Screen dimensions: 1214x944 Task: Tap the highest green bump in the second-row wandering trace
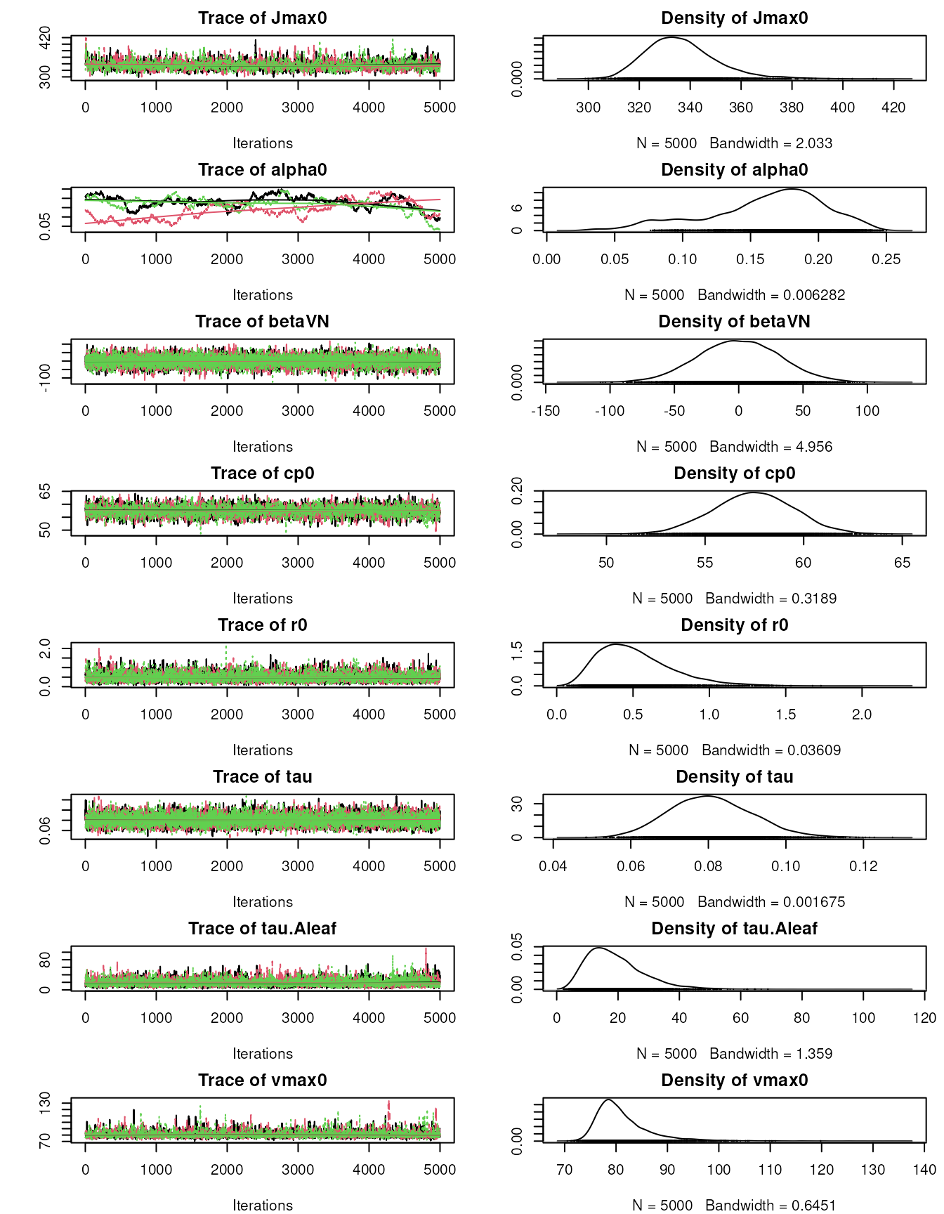pyautogui.click(x=284, y=190)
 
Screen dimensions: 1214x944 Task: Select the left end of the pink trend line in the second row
pyautogui.click(x=86, y=223)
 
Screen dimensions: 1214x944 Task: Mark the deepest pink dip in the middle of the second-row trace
pyautogui.click(x=303, y=221)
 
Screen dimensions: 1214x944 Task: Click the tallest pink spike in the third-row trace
pyautogui.click(x=329, y=343)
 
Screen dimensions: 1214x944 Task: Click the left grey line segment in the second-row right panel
pyautogui.click(x=596, y=230)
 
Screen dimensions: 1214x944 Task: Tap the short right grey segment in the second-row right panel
pyautogui.click(x=904, y=230)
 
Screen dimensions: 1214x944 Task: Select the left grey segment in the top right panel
pyautogui.click(x=574, y=79)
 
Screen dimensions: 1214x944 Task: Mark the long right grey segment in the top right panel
pyautogui.click(x=858, y=79)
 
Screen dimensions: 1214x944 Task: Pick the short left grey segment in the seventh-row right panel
pyautogui.click(x=553, y=989)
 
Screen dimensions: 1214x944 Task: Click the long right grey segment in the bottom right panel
pyautogui.click(x=822, y=1141)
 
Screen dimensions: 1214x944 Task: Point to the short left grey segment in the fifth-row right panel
pyautogui.click(x=554, y=686)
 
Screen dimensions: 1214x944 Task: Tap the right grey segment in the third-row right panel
pyautogui.click(x=885, y=382)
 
